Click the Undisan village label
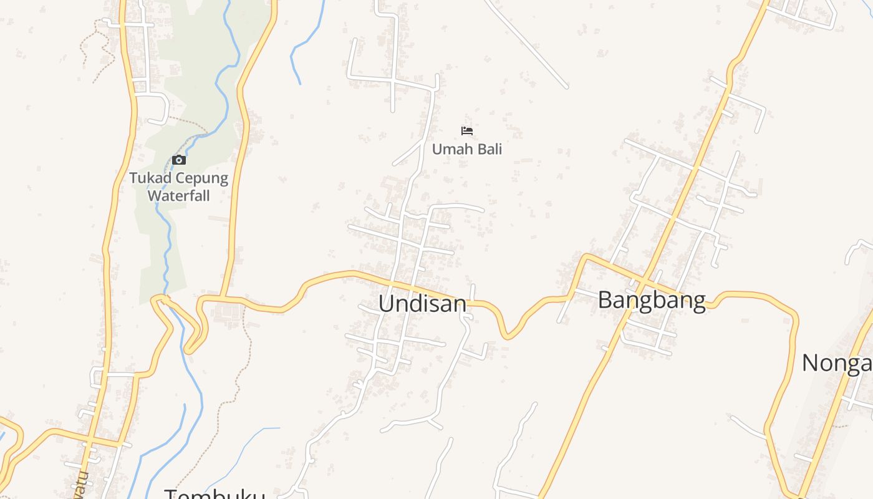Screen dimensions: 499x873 (x=422, y=304)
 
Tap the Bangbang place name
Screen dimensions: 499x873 (x=652, y=300)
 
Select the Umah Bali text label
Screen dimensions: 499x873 (x=467, y=149)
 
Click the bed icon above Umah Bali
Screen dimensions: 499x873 (x=467, y=130)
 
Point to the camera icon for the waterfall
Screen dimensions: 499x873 (x=179, y=160)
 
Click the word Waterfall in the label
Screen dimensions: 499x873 (x=178, y=195)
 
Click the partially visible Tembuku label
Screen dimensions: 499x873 (x=215, y=494)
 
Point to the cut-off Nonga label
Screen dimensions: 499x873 (x=837, y=362)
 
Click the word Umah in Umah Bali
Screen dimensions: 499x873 (x=450, y=149)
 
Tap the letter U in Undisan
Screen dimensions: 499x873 (x=386, y=304)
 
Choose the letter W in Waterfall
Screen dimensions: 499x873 (x=153, y=195)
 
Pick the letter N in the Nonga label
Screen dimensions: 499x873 (x=809, y=362)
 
